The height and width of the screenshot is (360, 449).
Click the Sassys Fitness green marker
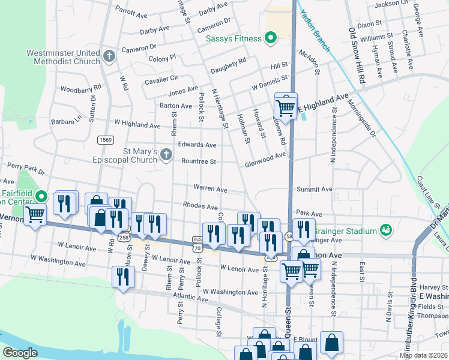coord(271,38)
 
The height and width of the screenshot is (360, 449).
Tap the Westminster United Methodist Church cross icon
coord(109,57)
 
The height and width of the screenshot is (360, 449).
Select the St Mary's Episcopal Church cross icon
coord(166,156)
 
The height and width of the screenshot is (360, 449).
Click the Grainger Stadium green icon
coord(386,230)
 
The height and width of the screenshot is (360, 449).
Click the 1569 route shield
coord(106,140)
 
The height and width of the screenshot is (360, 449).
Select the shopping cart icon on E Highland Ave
coord(286,108)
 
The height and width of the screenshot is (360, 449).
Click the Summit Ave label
coord(314,189)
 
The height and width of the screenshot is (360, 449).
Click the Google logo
coord(20,353)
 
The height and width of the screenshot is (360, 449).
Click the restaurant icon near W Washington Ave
coord(123,277)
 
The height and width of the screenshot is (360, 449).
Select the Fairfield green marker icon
coord(41,196)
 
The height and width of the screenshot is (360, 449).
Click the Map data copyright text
coord(423,355)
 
